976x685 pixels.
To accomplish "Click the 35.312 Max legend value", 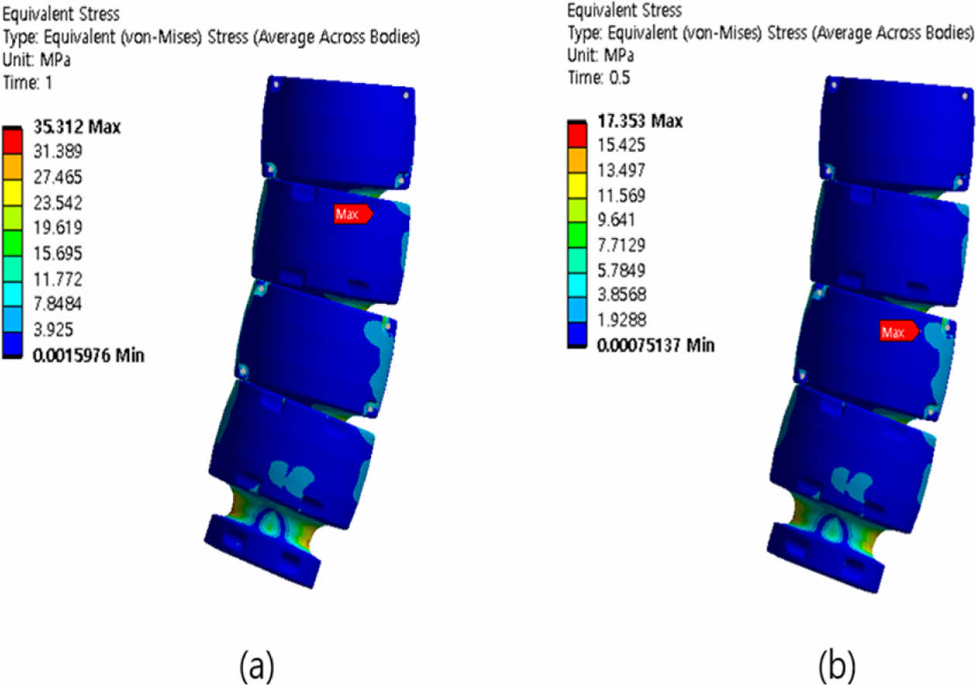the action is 77,127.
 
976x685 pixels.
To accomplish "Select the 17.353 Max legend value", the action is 640,121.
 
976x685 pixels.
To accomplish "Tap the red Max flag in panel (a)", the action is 353,214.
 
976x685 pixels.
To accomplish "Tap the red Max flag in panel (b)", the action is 899,332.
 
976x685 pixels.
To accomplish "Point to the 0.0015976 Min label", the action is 88,355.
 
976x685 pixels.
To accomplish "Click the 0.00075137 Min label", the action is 656,345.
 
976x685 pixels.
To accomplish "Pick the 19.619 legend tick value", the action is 58,227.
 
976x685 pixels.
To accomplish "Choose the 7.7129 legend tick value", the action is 621,245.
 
